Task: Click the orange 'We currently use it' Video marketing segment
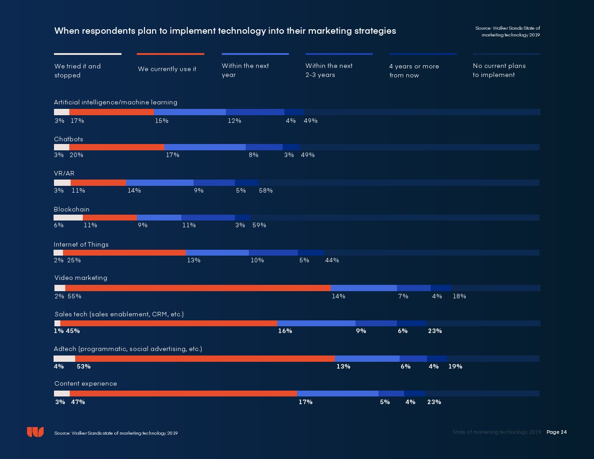pyautogui.click(x=198, y=288)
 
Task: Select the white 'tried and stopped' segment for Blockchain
pyautogui.click(x=68, y=218)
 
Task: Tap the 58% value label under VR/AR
pyautogui.click(x=265, y=190)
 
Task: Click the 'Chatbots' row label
pyautogui.click(x=68, y=139)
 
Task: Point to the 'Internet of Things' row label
pyautogui.click(x=81, y=244)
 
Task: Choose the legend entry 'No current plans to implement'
pyautogui.click(x=499, y=70)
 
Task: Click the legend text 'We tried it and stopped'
pyautogui.click(x=77, y=71)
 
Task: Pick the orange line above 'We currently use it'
pyautogui.click(x=171, y=54)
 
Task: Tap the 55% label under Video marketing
pyautogui.click(x=74, y=296)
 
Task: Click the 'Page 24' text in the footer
pyautogui.click(x=557, y=432)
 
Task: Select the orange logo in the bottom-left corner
pyautogui.click(x=35, y=432)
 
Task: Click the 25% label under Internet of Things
pyautogui.click(x=74, y=260)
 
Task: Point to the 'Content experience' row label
pyautogui.click(x=85, y=383)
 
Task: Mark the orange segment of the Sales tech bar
pyautogui.click(x=169, y=323)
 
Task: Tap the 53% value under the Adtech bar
pyautogui.click(x=84, y=366)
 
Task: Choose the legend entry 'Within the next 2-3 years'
pyautogui.click(x=329, y=70)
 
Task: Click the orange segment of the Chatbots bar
pyautogui.click(x=117, y=147)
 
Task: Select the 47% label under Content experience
pyautogui.click(x=78, y=402)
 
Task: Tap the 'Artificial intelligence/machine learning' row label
pyautogui.click(x=116, y=102)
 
